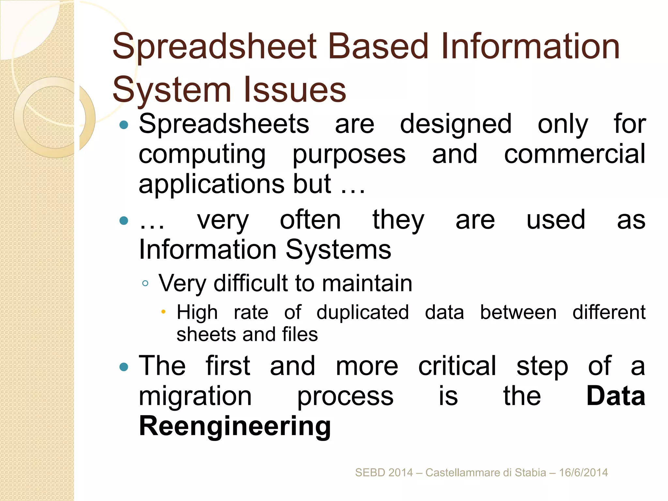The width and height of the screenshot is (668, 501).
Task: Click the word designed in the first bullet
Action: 456,124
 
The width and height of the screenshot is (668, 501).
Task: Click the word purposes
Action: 349,155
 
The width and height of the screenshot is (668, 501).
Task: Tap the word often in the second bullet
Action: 310,220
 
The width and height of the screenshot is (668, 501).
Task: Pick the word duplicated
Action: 362,312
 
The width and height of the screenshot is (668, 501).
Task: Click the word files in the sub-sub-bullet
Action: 300,335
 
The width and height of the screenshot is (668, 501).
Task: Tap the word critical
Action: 457,366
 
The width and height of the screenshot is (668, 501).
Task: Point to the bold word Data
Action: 615,396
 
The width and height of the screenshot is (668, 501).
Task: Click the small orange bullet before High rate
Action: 163,312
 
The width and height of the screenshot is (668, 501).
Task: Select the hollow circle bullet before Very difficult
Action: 145,283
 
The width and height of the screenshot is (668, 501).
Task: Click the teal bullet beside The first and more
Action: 124,367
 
